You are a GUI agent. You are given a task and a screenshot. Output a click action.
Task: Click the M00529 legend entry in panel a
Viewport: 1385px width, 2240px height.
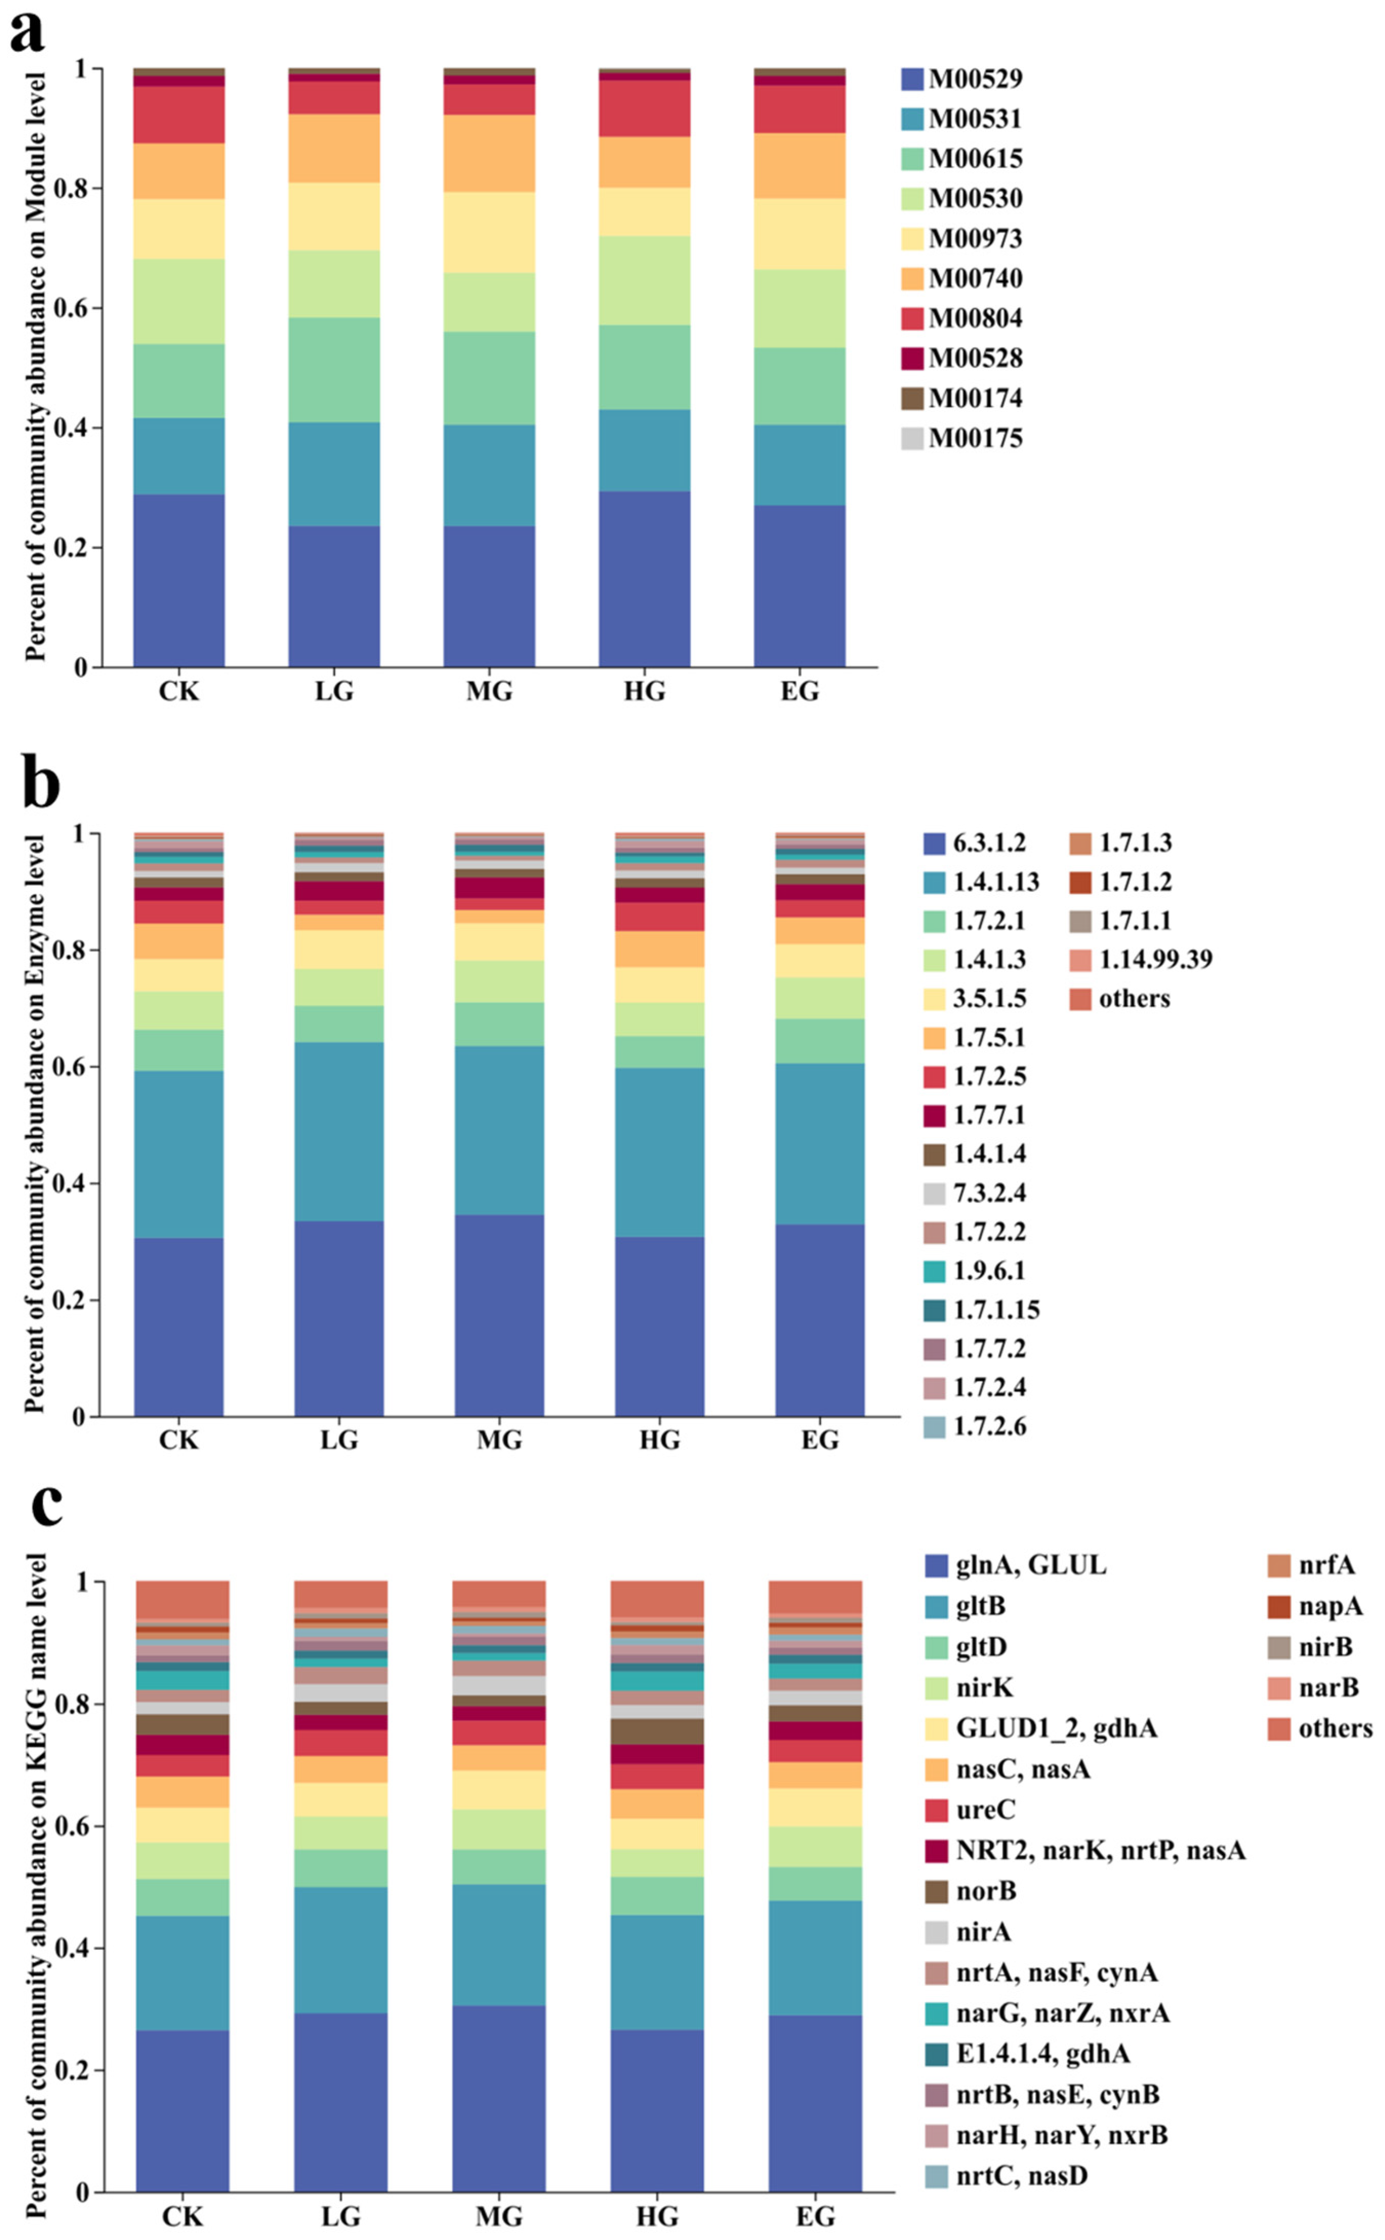pyautogui.click(x=962, y=79)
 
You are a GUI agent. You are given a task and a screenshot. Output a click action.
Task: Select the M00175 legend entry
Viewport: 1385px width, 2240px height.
pyautogui.click(x=962, y=439)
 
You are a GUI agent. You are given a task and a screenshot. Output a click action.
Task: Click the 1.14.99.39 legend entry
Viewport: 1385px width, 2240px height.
pyautogui.click(x=1141, y=959)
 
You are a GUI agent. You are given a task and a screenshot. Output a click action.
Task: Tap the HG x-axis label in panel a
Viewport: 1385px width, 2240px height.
pyautogui.click(x=645, y=691)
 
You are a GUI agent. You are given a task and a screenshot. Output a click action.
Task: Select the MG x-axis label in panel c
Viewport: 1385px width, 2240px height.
pyautogui.click(x=499, y=2217)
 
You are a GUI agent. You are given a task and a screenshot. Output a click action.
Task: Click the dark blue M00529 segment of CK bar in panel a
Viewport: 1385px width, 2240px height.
pyautogui.click(x=179, y=581)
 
